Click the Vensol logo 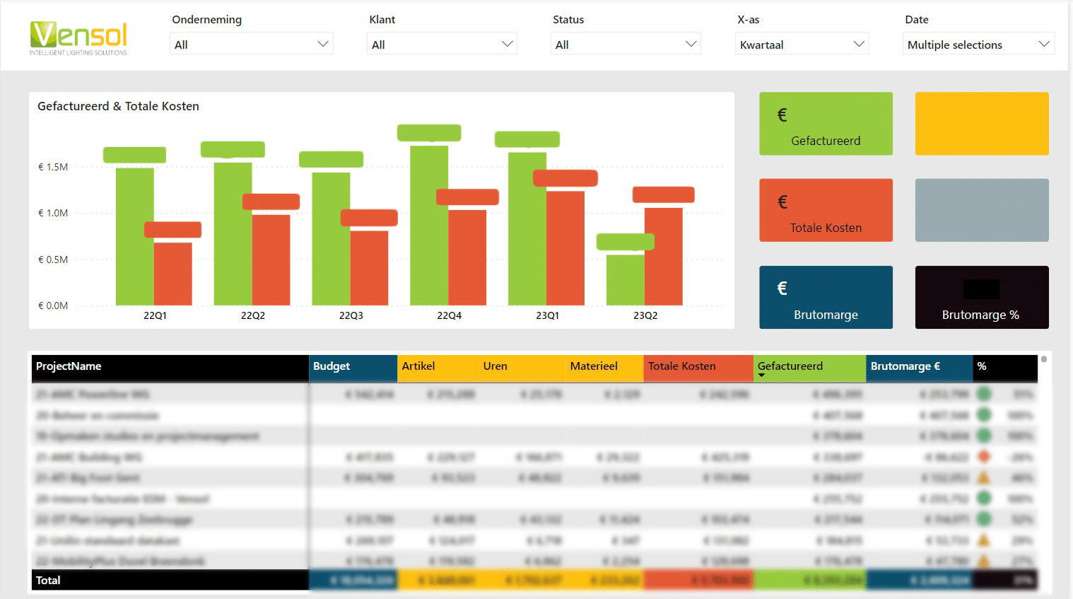point(78,38)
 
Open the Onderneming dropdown point(251,44)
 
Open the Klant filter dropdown point(442,44)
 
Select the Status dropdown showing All point(626,44)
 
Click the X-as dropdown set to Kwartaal point(802,44)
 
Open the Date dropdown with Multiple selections point(978,44)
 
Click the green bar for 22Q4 point(429,226)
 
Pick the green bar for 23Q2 point(625,279)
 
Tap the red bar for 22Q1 point(173,274)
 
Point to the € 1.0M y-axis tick point(53,213)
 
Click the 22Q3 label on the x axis point(351,315)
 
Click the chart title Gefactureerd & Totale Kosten point(118,106)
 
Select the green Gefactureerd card point(826,124)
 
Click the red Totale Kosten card point(826,211)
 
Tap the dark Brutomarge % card point(981,298)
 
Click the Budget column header point(332,366)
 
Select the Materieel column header point(594,366)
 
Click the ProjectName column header point(69,366)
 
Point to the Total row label point(48,580)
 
